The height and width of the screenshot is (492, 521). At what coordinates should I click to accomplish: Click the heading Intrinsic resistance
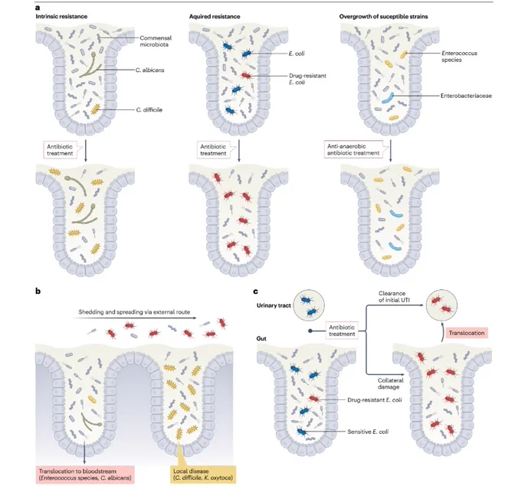click(x=61, y=16)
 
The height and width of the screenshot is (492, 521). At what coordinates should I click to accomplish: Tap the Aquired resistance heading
click(x=215, y=16)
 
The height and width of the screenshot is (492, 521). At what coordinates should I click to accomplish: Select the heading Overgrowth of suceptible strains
click(x=383, y=16)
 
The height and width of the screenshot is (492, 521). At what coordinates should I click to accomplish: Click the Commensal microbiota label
click(x=156, y=41)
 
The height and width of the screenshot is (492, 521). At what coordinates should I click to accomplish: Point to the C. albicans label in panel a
click(x=149, y=70)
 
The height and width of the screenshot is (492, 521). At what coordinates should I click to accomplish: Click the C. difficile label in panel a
click(x=149, y=110)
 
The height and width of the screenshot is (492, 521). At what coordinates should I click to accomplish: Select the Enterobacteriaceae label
click(x=466, y=96)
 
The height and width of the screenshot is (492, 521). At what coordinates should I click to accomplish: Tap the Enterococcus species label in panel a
click(x=459, y=57)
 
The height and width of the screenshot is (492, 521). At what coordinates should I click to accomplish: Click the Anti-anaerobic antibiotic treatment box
click(x=353, y=150)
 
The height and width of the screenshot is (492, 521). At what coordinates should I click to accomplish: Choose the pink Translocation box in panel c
click(x=467, y=333)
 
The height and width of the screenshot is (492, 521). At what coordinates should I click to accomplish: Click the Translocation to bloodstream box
click(x=85, y=474)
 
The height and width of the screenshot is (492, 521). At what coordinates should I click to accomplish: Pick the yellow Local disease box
click(x=203, y=474)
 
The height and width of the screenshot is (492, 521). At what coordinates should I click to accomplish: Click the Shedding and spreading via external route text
click(x=134, y=312)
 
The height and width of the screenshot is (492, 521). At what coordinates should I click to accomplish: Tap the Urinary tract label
click(x=274, y=305)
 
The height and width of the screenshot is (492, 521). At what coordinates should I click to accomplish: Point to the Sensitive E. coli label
click(x=368, y=432)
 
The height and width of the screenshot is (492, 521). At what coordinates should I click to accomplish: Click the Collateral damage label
click(x=391, y=383)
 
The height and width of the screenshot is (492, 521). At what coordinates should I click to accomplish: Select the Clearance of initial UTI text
click(x=394, y=297)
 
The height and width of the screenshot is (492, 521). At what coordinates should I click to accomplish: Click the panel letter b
click(x=38, y=291)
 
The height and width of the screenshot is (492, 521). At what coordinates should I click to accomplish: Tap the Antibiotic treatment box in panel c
click(x=342, y=331)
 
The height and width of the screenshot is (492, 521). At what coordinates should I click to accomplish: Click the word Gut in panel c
click(x=261, y=339)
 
